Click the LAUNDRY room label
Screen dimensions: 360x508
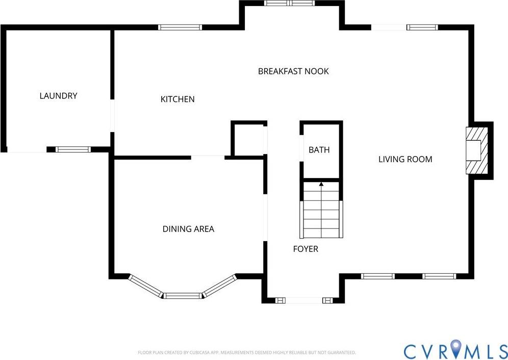point(58,96)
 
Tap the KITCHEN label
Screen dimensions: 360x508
point(177,99)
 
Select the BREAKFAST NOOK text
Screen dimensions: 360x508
point(293,71)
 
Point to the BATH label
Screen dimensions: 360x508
point(319,150)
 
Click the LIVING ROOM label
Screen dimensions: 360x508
point(405,159)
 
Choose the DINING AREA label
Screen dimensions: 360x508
point(188,229)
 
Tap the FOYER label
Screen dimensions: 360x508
point(306,249)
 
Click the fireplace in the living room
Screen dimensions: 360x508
point(477,150)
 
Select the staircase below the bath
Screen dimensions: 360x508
point(321,212)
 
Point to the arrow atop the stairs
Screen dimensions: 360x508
point(321,184)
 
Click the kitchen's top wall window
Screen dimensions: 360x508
point(180,28)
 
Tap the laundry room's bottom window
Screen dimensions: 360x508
point(72,149)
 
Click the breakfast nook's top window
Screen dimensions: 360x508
point(290,4)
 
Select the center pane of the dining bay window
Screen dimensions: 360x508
point(183,295)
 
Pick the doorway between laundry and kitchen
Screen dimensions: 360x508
point(112,116)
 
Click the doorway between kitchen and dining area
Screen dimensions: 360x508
point(208,158)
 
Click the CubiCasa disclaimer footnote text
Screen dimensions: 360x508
point(247,352)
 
